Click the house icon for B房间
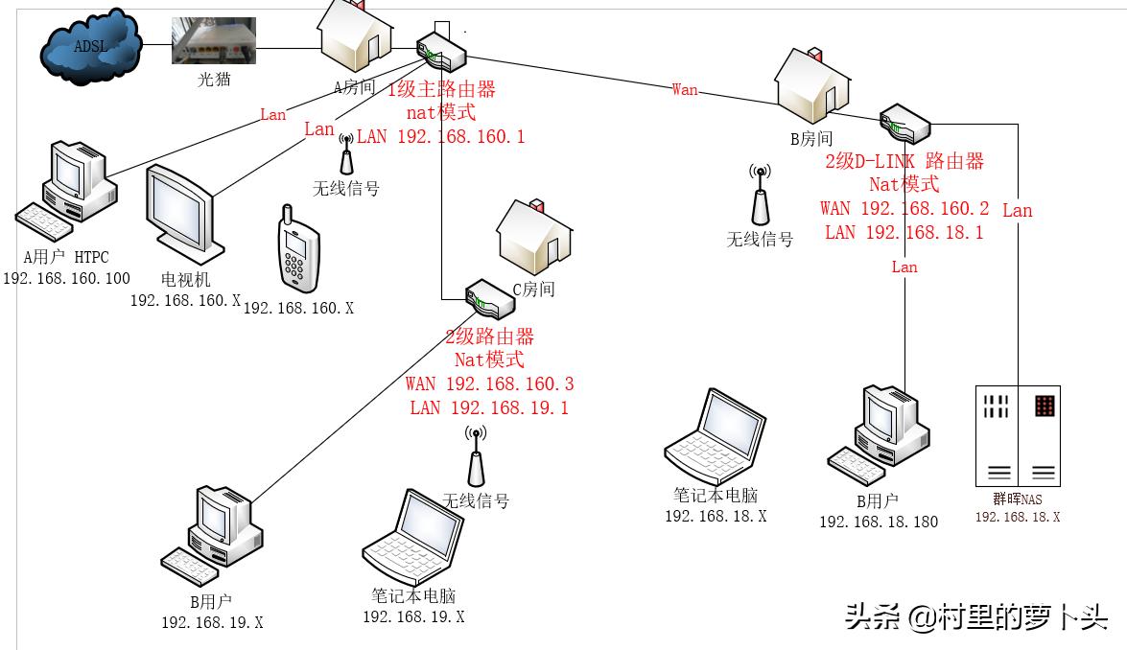click(x=812, y=84)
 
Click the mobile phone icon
click(x=297, y=246)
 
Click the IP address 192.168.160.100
click(x=66, y=279)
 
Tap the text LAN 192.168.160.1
click(x=440, y=137)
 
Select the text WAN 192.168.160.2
click(x=904, y=209)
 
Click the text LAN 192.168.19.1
click(x=489, y=408)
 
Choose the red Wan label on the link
click(x=685, y=90)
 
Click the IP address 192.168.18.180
click(x=878, y=522)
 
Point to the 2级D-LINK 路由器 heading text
click(x=904, y=161)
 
